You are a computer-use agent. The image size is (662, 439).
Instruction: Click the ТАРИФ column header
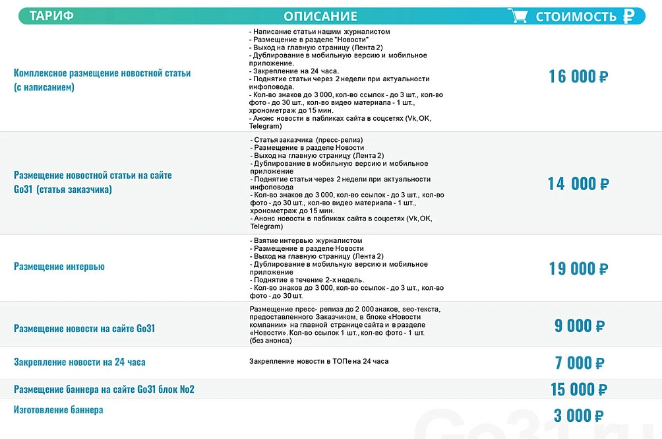51,17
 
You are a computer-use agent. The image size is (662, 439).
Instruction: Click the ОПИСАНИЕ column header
320,17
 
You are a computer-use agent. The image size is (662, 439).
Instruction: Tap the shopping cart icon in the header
518,16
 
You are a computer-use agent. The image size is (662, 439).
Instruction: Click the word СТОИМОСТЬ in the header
576,17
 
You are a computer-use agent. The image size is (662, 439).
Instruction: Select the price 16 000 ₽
578,77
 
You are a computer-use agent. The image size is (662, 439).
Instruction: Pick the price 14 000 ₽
578,184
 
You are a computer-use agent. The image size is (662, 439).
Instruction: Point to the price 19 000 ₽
578,269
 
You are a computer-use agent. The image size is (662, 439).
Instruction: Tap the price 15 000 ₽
578,389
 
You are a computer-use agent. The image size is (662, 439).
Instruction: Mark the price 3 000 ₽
578,416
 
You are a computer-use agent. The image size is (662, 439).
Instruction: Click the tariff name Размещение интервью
59,267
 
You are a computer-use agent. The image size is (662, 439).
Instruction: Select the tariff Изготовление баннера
58,410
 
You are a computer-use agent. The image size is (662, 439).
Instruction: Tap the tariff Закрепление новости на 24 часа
80,362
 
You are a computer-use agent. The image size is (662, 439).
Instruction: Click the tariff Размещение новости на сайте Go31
84,329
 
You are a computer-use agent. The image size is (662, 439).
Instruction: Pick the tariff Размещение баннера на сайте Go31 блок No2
104,389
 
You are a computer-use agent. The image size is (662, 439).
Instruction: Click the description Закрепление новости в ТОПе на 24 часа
318,362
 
